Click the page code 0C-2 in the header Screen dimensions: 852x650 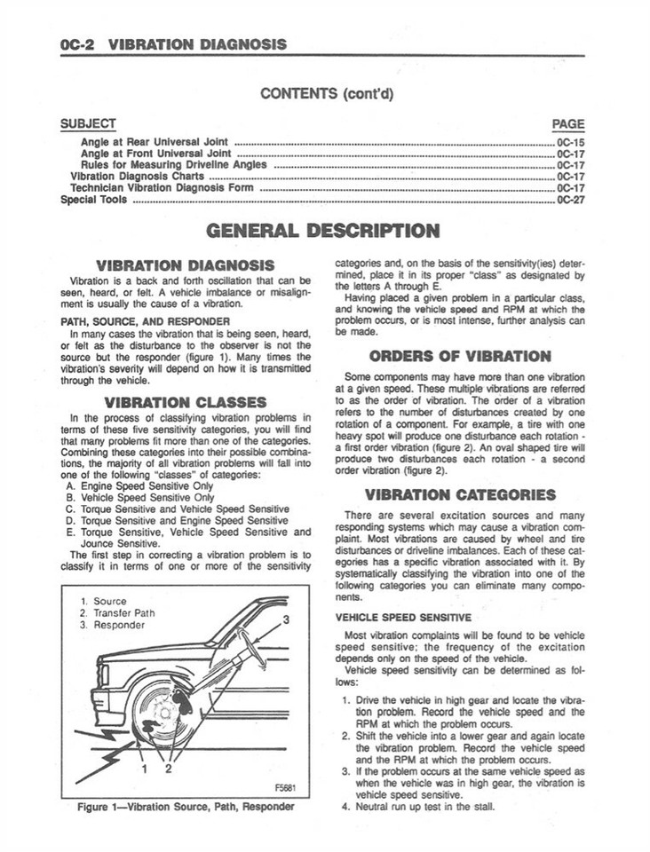(77, 43)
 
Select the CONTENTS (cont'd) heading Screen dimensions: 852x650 (325, 93)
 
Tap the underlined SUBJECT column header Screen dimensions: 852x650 (88, 124)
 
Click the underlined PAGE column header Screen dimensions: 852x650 (568, 124)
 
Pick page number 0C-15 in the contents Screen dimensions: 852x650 (570, 142)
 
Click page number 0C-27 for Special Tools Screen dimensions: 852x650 (570, 200)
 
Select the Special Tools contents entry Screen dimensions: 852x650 (93, 200)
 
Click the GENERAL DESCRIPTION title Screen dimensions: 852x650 (322, 232)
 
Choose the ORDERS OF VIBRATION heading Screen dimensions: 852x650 (460, 356)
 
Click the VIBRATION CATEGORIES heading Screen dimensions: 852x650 (460, 494)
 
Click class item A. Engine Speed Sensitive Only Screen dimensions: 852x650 (139, 486)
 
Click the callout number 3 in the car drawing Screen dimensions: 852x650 (286, 618)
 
